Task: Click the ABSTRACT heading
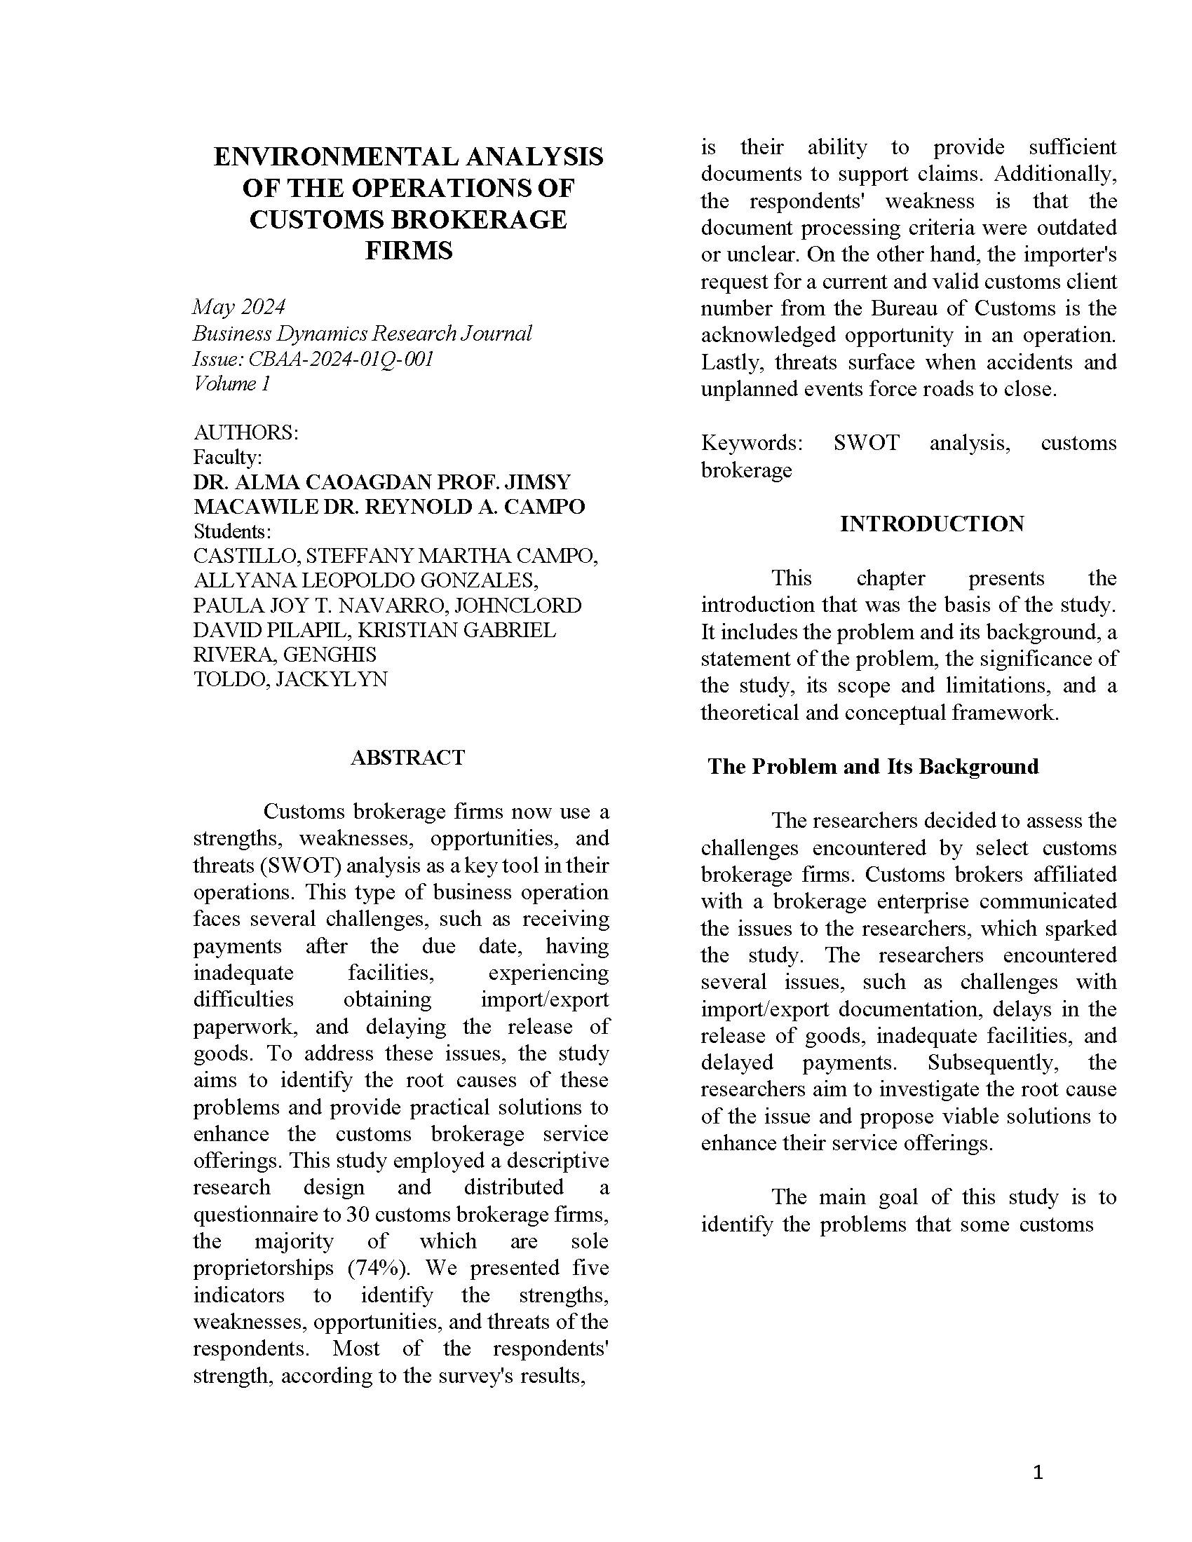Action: point(407,757)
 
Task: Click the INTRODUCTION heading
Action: point(931,523)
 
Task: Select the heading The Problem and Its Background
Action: point(873,766)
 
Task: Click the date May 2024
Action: point(238,306)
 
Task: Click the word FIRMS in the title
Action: point(408,251)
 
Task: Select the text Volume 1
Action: point(231,383)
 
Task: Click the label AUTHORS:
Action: point(245,432)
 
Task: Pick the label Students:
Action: point(232,531)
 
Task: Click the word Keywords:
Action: point(752,443)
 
